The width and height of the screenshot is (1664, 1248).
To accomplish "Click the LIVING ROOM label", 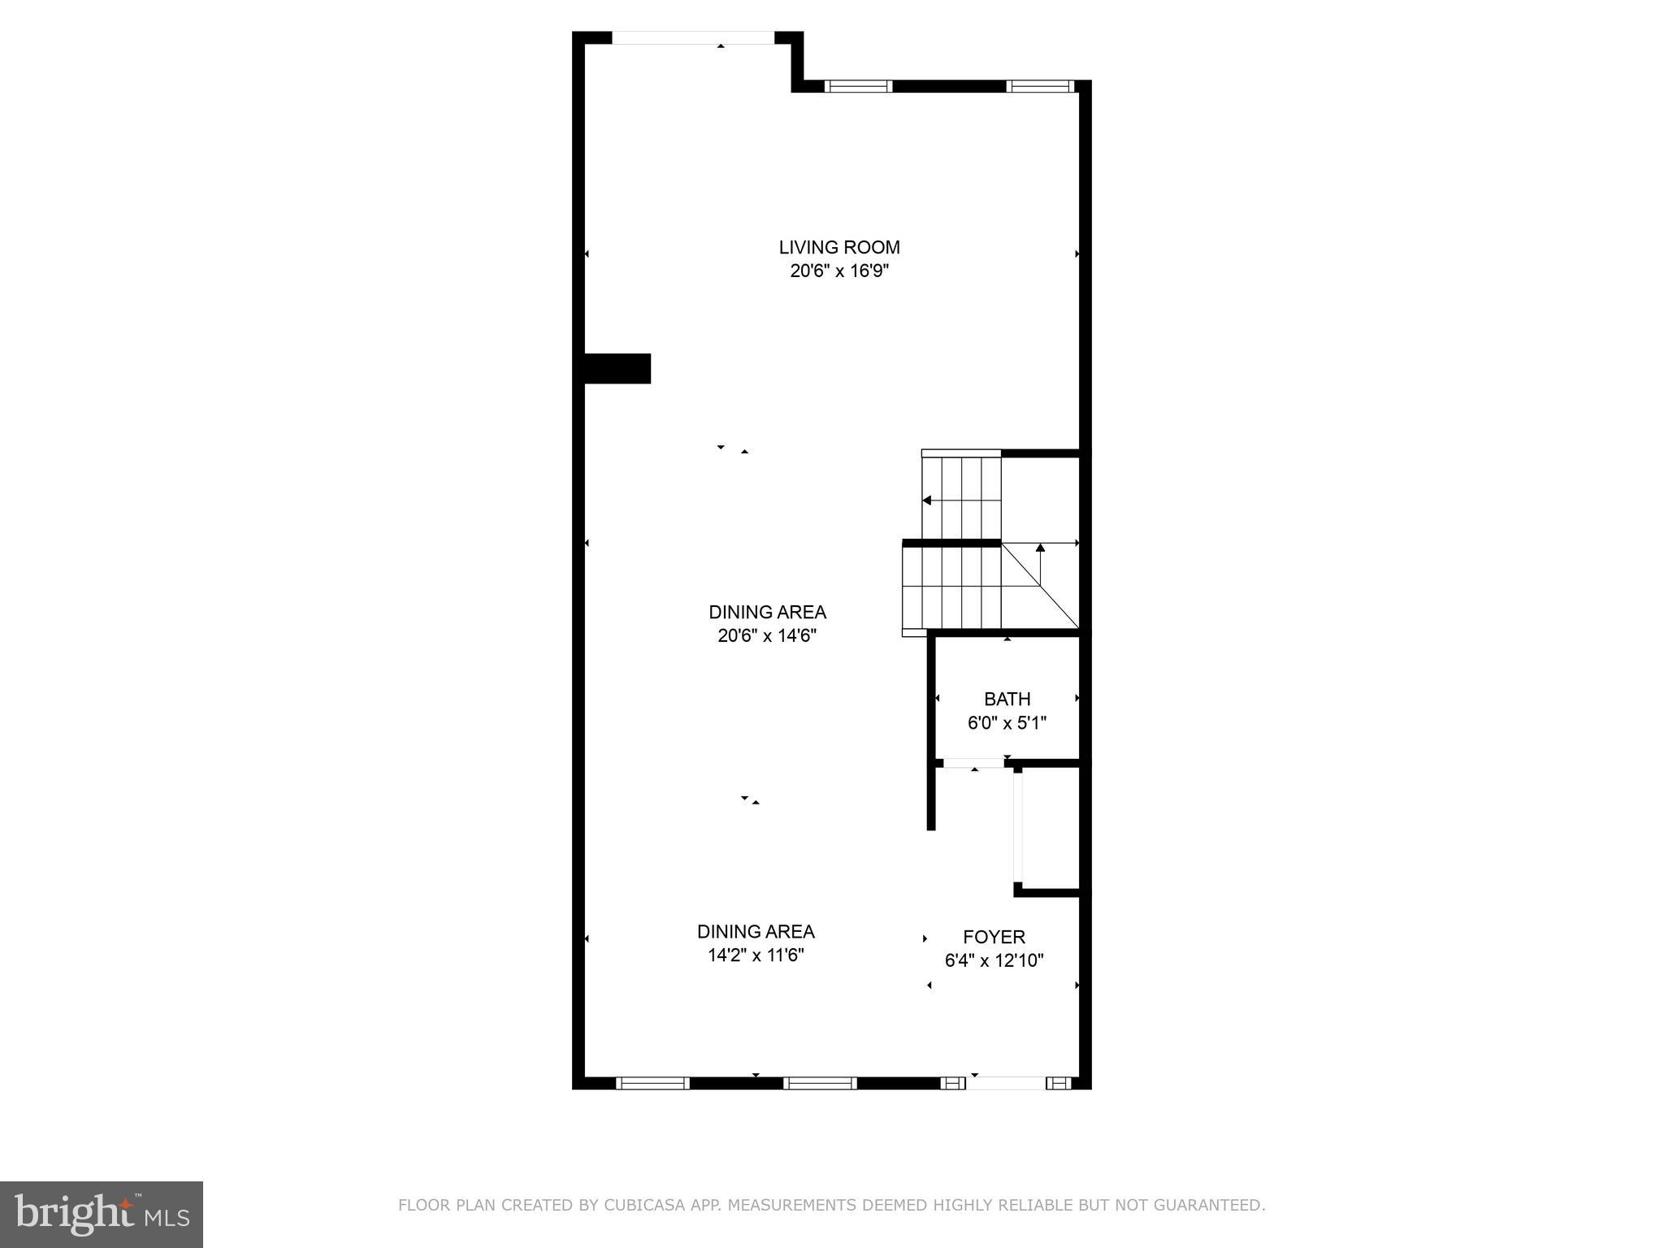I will (x=839, y=247).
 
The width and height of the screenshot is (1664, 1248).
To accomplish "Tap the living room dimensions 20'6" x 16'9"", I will (x=839, y=271).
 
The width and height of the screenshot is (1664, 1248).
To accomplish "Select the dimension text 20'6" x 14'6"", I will (x=767, y=636).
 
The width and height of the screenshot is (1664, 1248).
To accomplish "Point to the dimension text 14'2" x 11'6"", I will (x=756, y=955).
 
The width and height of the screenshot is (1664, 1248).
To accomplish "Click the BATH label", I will (x=1007, y=699).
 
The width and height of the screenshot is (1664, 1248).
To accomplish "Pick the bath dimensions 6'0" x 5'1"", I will (x=1007, y=723).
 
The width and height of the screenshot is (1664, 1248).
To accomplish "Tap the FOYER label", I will (x=994, y=937).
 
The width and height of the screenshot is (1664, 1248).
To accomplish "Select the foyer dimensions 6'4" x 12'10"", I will (x=994, y=961).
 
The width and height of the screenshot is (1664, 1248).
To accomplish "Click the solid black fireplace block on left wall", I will (x=617, y=368).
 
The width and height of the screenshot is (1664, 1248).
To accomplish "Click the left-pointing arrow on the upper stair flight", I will (x=927, y=500).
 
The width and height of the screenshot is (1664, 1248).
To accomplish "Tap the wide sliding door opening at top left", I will (x=693, y=37).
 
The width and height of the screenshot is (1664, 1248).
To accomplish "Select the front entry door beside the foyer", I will (x=1006, y=1082).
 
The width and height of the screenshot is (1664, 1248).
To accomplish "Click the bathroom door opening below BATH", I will (x=973, y=763).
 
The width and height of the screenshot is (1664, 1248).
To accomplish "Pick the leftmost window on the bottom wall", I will (x=652, y=1082).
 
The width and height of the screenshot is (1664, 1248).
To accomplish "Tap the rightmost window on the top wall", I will (x=1040, y=86).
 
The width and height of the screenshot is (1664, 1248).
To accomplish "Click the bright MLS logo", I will (x=102, y=1214).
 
